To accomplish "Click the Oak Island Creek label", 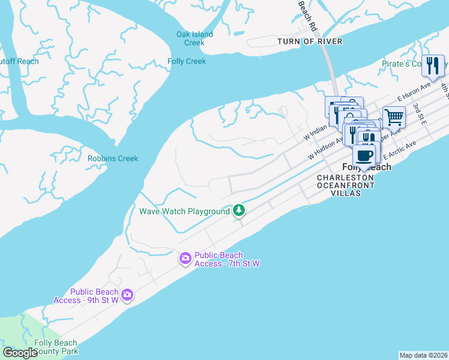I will [194, 38].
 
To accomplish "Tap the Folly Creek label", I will [187, 61].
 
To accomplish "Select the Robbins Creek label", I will [113, 158].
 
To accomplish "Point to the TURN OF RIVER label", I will [310, 41].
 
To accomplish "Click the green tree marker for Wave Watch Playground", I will [240, 210].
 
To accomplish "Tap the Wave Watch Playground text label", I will [184, 211].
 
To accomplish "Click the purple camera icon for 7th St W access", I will [185, 259].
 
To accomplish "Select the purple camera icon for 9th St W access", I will [127, 295].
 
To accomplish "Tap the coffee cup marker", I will [364, 155].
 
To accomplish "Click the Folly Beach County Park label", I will [56, 347].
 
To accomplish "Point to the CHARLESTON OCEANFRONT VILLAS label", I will [346, 185].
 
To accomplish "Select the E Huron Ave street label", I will [414, 95].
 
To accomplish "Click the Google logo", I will [20, 353].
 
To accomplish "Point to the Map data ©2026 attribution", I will [423, 355].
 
